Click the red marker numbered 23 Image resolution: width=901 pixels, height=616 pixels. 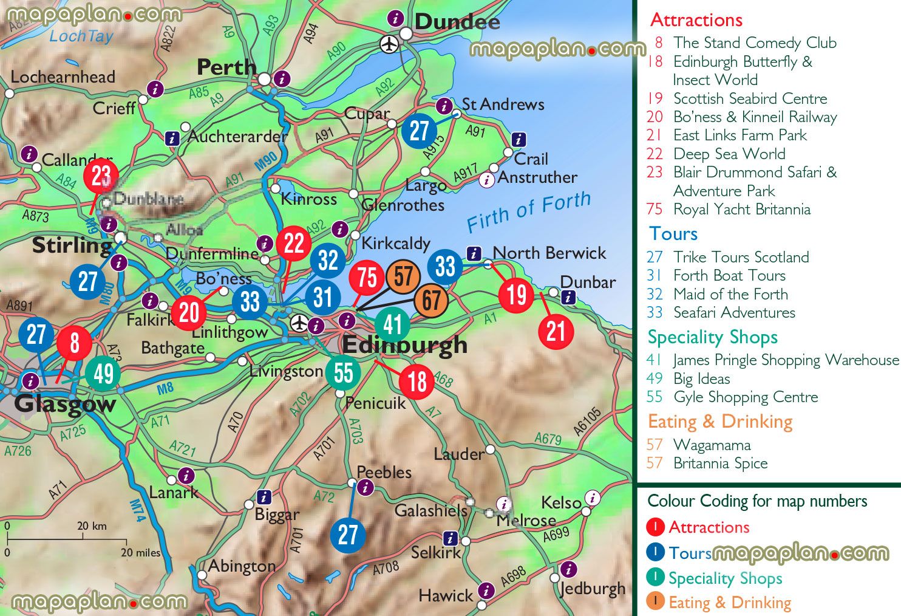[x=101, y=176]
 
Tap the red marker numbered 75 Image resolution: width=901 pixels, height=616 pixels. [x=367, y=277]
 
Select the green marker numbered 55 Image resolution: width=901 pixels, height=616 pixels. [x=343, y=372]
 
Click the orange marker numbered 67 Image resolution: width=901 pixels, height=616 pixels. [x=431, y=300]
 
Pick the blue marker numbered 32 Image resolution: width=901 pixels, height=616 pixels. [x=328, y=260]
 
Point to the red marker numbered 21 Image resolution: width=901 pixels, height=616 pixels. [x=556, y=332]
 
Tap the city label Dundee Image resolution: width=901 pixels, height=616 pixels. [x=457, y=22]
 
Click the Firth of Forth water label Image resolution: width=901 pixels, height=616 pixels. [x=528, y=211]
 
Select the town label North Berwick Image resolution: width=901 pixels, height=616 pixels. [x=549, y=253]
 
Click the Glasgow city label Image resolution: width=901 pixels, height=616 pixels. [x=64, y=403]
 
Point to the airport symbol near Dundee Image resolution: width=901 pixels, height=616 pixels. [x=389, y=44]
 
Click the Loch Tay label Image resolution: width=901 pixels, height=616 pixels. [x=81, y=36]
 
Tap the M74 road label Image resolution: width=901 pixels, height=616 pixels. [x=138, y=510]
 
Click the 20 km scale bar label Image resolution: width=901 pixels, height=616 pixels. [x=92, y=526]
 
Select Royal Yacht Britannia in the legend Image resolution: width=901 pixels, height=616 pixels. [x=741, y=210]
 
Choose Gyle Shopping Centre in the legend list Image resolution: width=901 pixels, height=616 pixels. [x=746, y=397]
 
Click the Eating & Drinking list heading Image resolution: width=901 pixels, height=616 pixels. [x=720, y=422]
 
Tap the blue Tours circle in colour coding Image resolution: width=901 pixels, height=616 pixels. [x=656, y=552]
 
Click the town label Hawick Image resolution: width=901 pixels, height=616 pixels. [x=445, y=595]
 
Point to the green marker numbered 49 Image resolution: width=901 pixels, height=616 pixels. [x=103, y=374]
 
